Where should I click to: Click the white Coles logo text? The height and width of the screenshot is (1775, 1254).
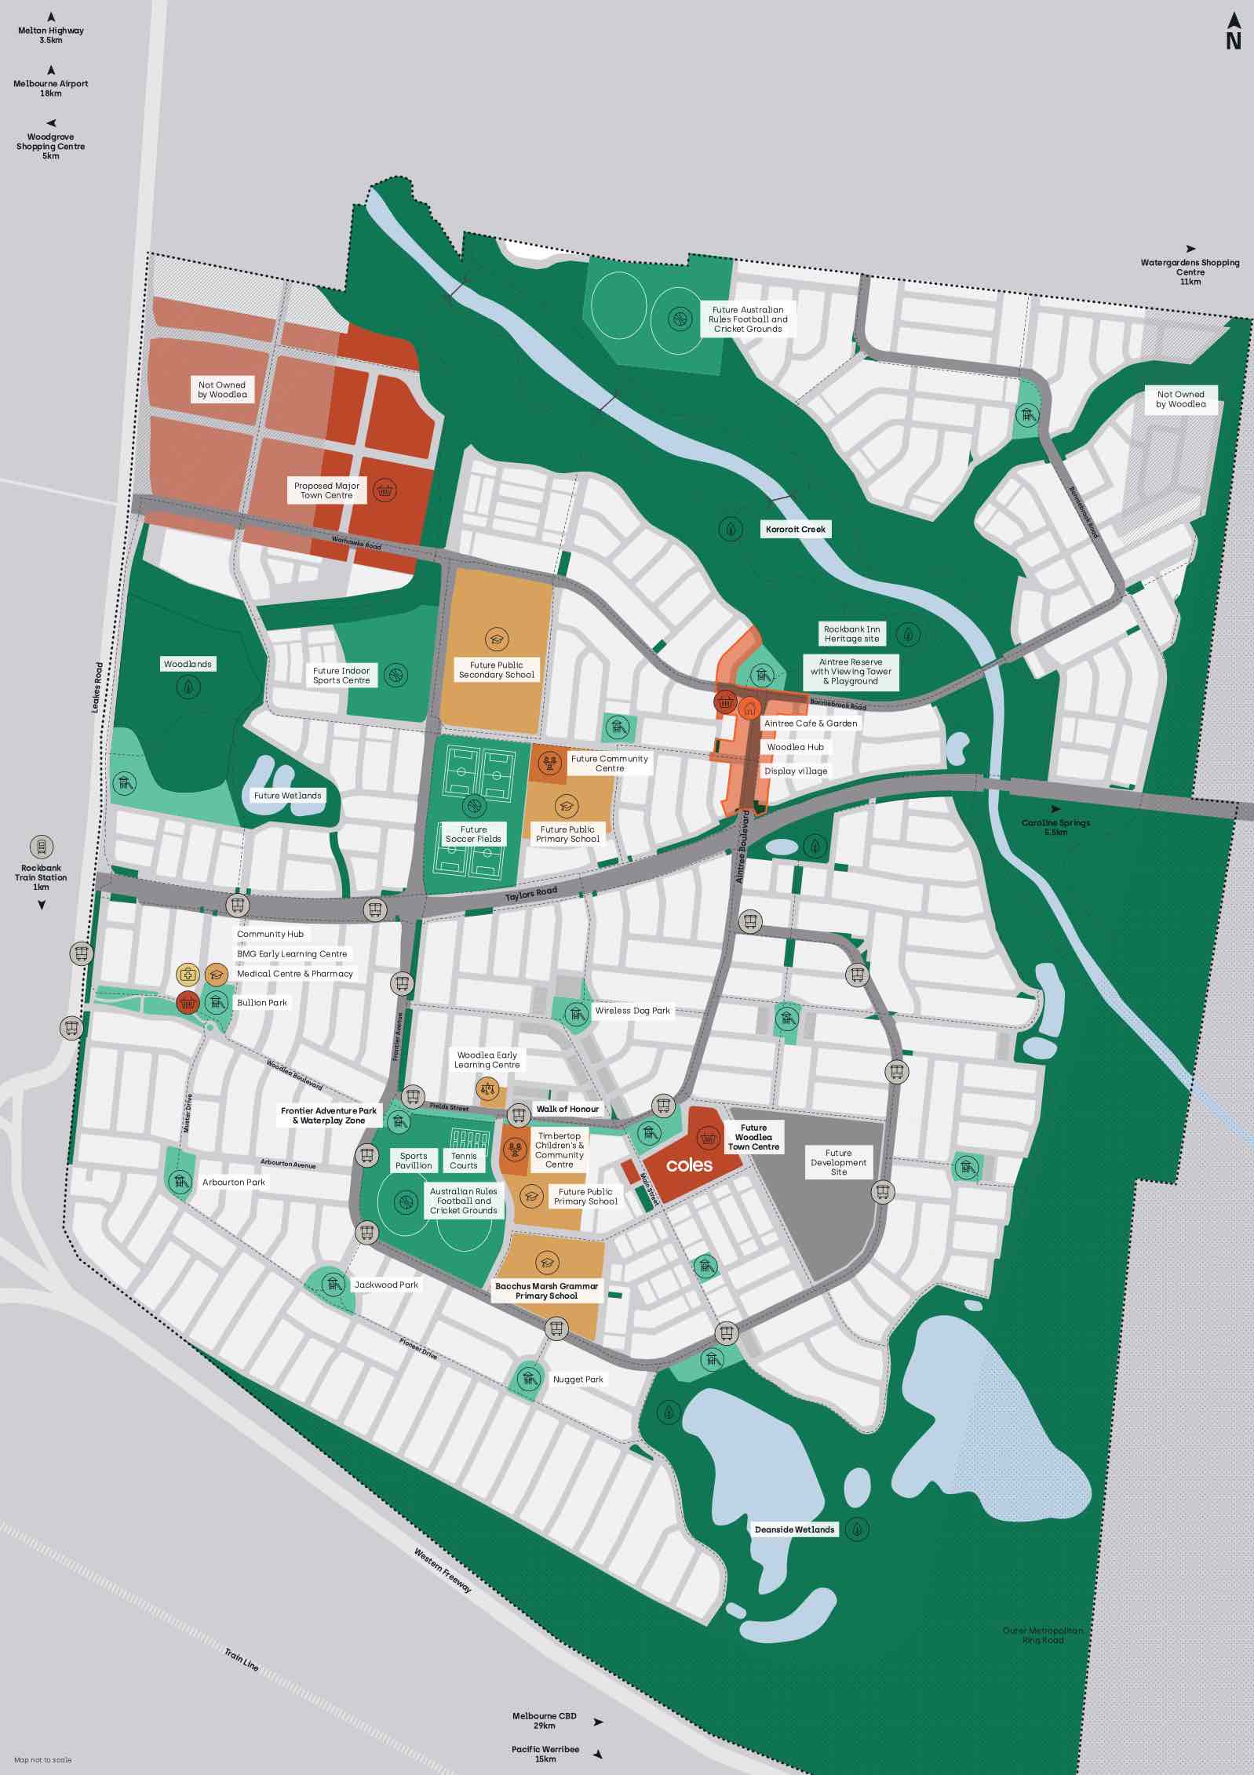(x=689, y=1165)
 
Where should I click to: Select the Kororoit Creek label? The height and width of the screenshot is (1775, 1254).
(x=796, y=530)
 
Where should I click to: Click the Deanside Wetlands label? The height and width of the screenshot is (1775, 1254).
(x=794, y=1529)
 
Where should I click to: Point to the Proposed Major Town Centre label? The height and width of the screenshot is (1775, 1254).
(x=326, y=490)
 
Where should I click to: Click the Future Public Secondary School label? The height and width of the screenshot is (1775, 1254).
(x=496, y=669)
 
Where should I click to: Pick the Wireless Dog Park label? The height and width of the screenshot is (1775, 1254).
(x=632, y=1011)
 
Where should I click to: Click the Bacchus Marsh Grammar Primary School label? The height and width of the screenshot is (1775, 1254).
(x=546, y=1291)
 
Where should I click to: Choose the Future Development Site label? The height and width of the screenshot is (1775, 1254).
(x=838, y=1162)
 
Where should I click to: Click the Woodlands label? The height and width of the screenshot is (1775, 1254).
(x=188, y=664)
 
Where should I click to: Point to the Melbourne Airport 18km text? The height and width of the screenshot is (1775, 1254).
(x=51, y=88)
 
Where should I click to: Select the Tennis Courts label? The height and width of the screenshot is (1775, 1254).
(x=463, y=1161)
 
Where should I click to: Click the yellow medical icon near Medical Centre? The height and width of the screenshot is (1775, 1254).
(x=187, y=975)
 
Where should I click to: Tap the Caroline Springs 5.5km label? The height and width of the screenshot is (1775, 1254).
(x=1055, y=827)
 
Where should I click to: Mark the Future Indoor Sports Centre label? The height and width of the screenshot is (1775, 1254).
(x=341, y=676)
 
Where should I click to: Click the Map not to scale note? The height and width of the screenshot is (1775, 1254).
(x=42, y=1760)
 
